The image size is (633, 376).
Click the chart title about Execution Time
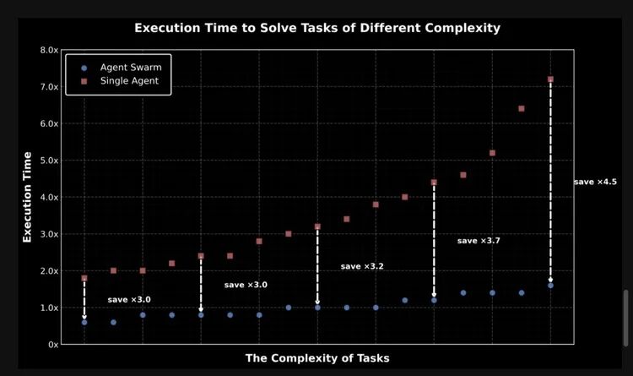317,28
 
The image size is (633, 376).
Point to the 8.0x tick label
49,51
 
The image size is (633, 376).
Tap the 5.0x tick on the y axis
49,161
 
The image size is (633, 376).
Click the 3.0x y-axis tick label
49,234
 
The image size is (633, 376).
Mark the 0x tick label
52,345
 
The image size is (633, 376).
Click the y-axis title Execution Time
28,197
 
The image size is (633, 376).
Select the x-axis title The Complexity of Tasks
317,358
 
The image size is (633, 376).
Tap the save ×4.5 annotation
595,182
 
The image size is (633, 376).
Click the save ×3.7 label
479,241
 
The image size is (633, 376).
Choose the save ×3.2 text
362,266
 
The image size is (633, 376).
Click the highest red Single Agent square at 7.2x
550,79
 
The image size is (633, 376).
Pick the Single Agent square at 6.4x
522,109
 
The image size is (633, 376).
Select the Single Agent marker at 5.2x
492,153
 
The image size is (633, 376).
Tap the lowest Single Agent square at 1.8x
84,278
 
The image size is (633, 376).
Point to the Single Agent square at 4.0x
405,197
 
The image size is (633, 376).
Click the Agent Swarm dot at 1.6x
550,286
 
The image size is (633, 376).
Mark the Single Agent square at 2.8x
259,242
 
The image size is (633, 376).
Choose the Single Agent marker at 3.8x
376,204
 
